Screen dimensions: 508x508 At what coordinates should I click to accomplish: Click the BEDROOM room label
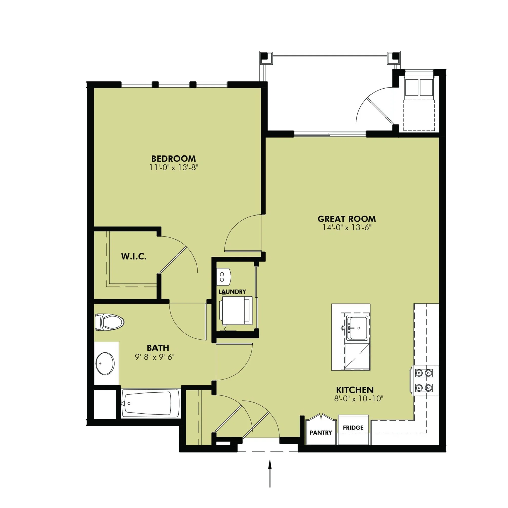point(173,159)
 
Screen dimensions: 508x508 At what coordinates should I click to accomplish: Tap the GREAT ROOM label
point(346,219)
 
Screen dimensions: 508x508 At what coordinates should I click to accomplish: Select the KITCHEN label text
point(355,390)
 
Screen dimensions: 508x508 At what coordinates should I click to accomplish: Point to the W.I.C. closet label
point(133,256)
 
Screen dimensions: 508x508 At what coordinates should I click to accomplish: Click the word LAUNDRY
point(232,291)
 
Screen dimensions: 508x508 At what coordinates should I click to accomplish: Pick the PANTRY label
point(321,433)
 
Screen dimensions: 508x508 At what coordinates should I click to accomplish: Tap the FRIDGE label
point(353,428)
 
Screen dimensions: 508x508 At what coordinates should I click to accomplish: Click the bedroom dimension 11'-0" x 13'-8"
point(173,168)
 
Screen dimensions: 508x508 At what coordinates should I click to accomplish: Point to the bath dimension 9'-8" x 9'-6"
point(155,357)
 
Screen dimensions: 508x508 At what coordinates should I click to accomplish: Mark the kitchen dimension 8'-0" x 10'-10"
point(359,399)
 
